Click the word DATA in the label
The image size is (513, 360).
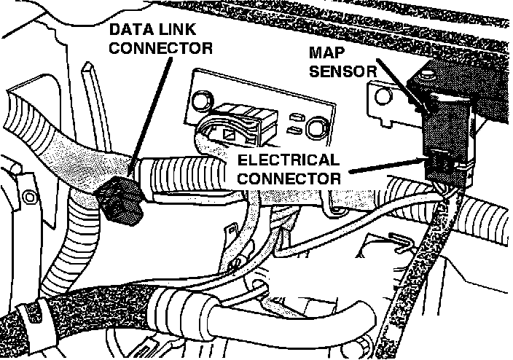tap(132, 30)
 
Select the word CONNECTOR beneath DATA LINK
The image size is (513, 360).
tap(161, 49)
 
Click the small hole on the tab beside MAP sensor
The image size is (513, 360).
tap(380, 94)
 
